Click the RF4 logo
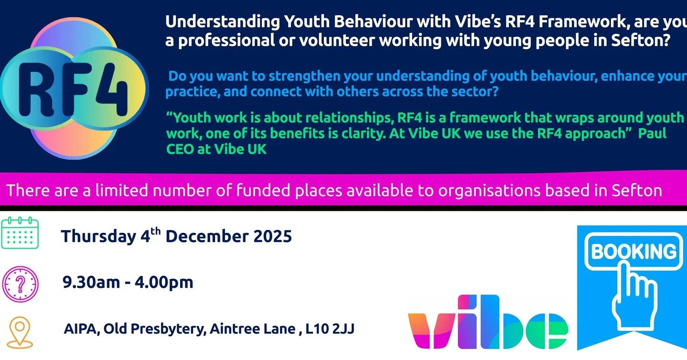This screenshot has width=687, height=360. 74,87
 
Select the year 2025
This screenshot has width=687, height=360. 270,237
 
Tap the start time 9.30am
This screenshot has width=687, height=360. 91,283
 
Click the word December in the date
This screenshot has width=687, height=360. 207,237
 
